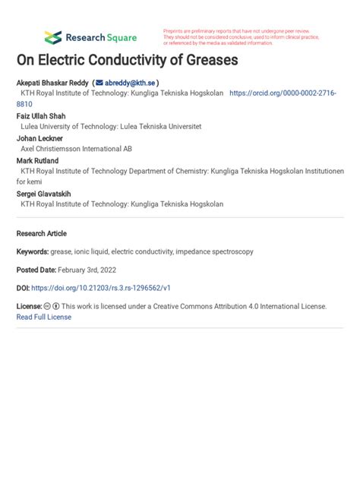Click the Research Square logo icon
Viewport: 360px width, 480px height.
click(x=53, y=36)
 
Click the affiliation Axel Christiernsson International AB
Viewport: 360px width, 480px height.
click(x=76, y=149)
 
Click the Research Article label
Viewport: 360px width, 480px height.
click(x=41, y=233)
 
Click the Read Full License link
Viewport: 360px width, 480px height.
click(x=44, y=317)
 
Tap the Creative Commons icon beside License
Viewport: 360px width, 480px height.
click(x=48, y=306)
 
